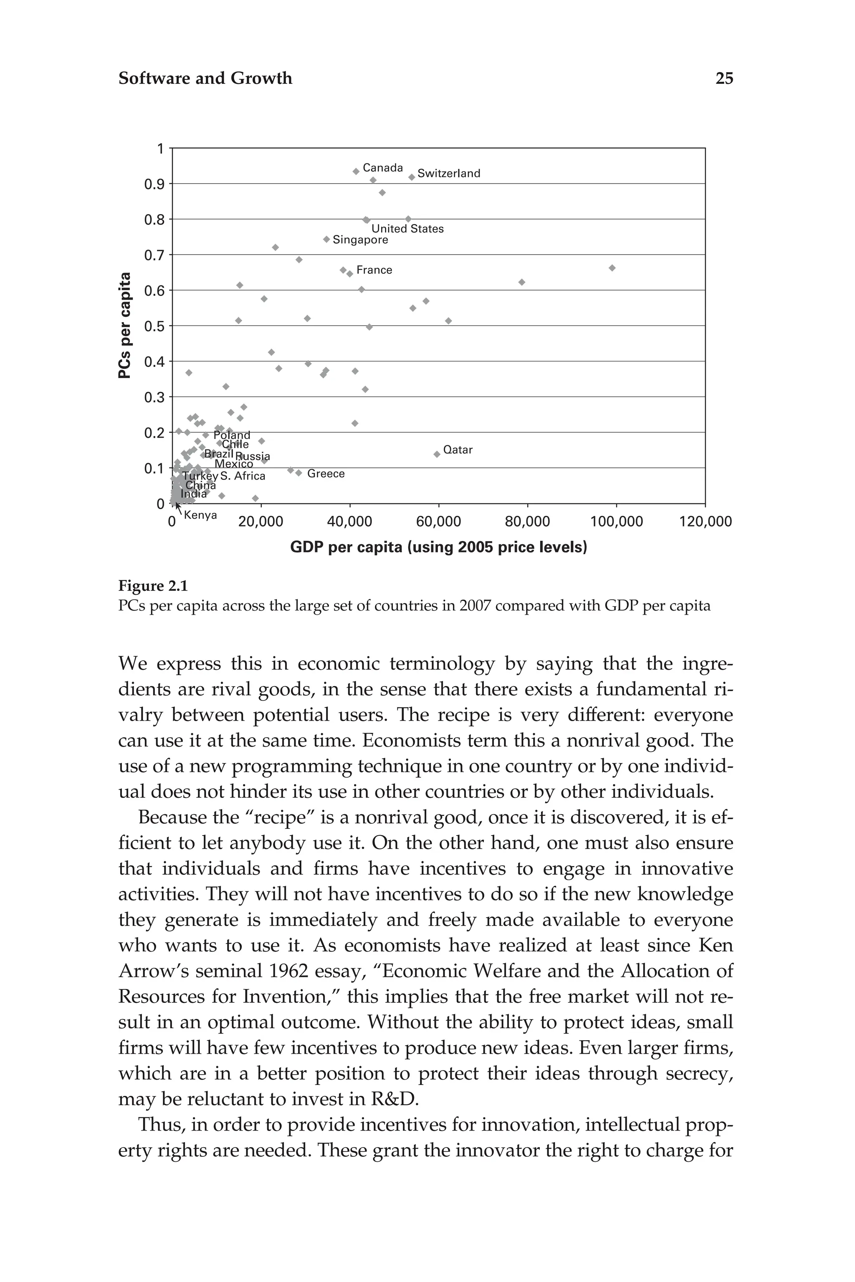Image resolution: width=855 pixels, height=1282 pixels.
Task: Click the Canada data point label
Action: tap(382, 168)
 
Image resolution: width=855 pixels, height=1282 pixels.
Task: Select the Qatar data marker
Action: tap(437, 454)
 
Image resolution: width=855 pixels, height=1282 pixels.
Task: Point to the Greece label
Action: tap(326, 474)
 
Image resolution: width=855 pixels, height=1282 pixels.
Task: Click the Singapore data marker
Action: tap(326, 239)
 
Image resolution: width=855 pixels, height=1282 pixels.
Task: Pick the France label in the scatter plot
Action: tap(374, 270)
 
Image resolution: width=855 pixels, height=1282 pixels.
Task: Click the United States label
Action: tap(407, 229)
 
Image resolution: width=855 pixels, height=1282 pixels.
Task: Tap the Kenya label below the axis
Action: tap(200, 515)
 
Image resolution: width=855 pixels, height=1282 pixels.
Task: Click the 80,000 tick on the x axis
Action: tap(527, 522)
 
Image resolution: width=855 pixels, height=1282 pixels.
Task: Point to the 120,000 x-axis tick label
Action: tap(705, 522)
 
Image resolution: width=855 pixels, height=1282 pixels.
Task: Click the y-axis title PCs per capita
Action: tap(125, 326)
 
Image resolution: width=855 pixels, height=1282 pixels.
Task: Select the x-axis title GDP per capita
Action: tap(438, 547)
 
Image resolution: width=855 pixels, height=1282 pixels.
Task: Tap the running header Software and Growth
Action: tap(205, 78)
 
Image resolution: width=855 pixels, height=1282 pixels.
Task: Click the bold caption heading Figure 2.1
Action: tap(153, 586)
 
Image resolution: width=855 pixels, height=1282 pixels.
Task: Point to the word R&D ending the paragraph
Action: tap(394, 1099)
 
